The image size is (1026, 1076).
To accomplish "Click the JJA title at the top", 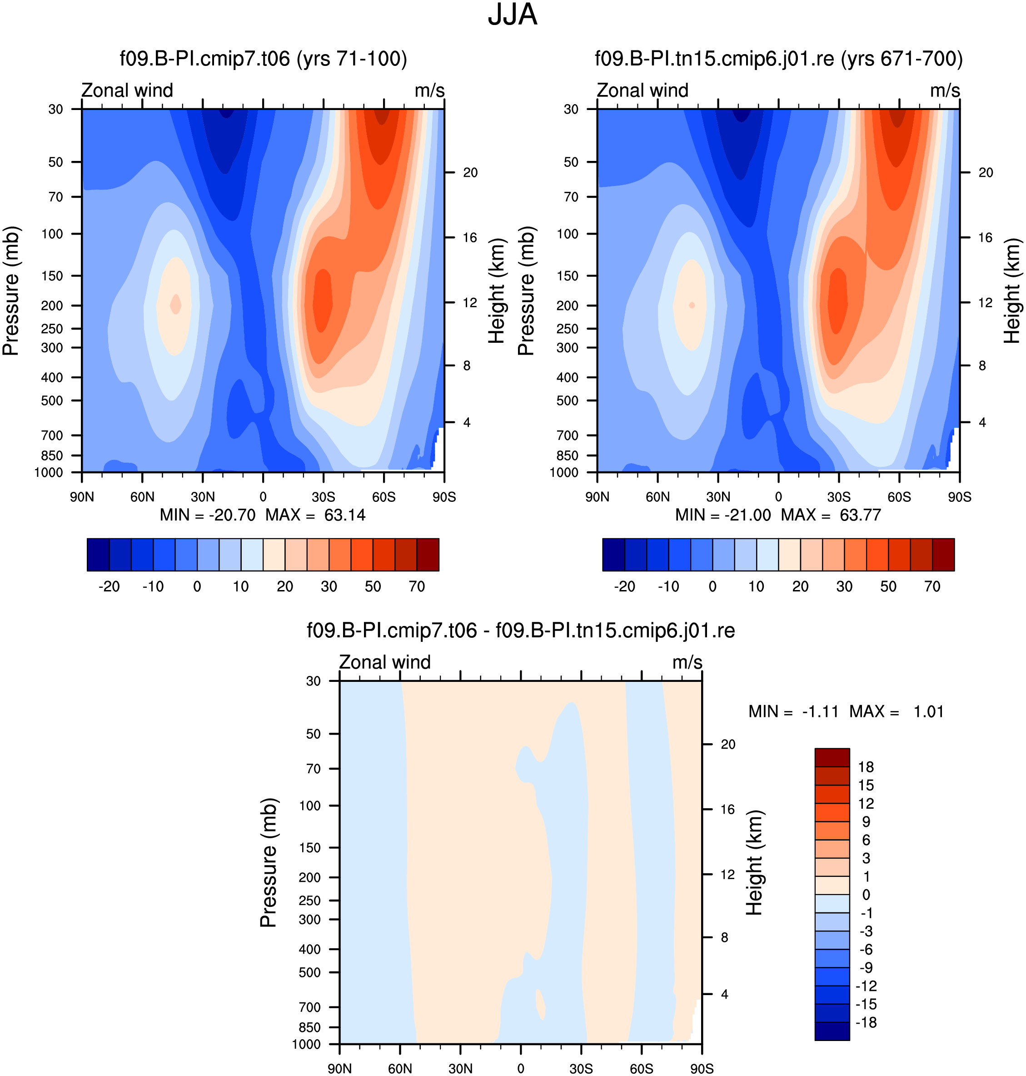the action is point(513,15).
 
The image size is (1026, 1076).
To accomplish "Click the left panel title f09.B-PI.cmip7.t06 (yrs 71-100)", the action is point(264,59).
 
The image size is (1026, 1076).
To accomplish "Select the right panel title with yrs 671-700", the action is point(779,59).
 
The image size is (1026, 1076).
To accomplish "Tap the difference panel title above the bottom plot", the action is point(521,631).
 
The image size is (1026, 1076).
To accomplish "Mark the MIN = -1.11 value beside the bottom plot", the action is point(793,712).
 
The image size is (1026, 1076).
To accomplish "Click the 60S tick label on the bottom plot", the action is point(642,1068).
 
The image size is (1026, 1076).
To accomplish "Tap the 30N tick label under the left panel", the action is point(203,497).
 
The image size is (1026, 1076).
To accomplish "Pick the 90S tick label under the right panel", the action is point(960,497).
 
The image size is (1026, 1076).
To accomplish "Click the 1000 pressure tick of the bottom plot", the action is point(306,1044).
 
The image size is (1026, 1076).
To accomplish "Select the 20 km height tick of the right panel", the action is point(986,172).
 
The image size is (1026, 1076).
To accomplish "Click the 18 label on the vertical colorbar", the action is point(866,767).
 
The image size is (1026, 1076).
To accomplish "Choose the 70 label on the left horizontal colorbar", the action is point(417,586).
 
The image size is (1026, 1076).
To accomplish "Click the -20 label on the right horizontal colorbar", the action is point(625,586).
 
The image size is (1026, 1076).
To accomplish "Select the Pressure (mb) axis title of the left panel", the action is point(10,290).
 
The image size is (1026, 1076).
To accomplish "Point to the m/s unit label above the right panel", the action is point(945,90).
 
